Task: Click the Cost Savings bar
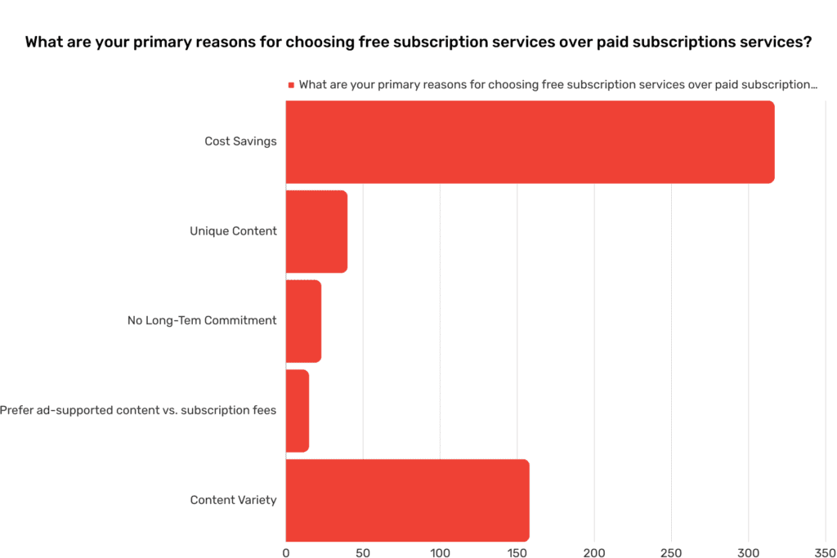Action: [x=530, y=142]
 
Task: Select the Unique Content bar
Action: [x=316, y=231]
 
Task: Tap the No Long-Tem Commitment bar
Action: [x=303, y=321]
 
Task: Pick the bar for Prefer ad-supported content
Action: [x=298, y=410]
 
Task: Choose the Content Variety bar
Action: [x=407, y=500]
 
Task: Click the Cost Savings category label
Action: [x=240, y=141]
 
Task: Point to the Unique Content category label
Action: [x=233, y=231]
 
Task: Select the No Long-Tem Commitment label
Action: [x=202, y=321]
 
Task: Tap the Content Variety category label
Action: [x=233, y=500]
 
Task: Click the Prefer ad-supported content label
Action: [x=138, y=410]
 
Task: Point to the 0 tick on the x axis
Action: [x=286, y=552]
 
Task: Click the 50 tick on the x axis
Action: [x=363, y=552]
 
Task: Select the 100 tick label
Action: [x=440, y=552]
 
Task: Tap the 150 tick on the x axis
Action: [x=517, y=552]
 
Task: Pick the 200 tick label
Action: [x=594, y=552]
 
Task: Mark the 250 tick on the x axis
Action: [x=671, y=552]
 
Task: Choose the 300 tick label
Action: [x=748, y=552]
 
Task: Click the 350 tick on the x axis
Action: [x=825, y=552]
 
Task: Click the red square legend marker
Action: [x=290, y=85]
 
